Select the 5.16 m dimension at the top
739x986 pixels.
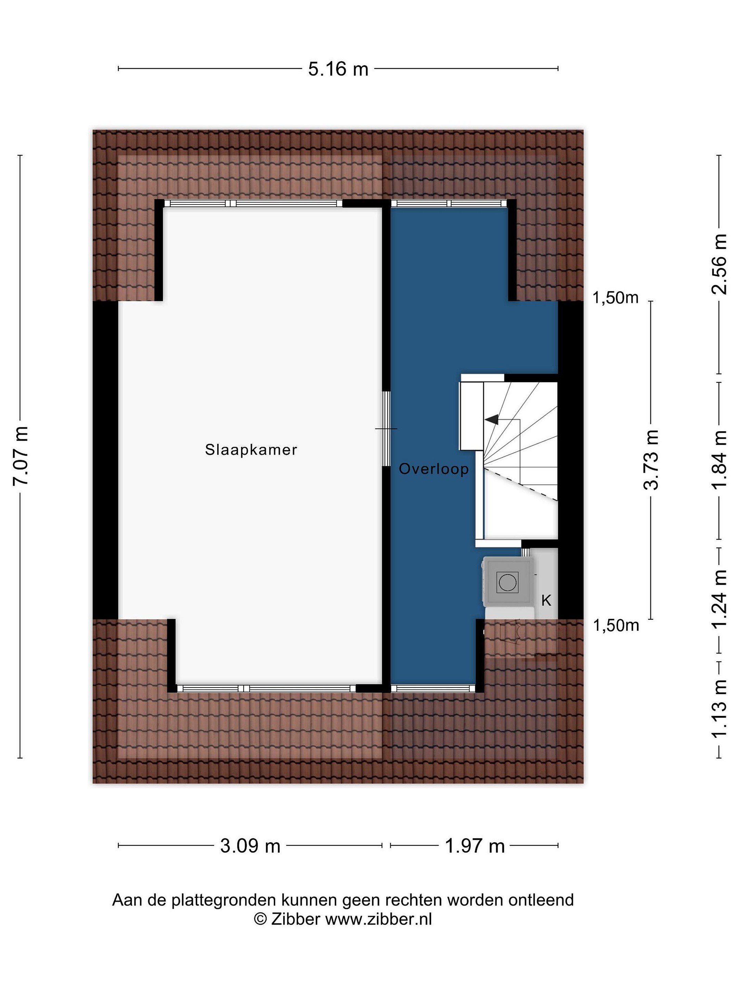(x=338, y=69)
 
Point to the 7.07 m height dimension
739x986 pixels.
(x=21, y=456)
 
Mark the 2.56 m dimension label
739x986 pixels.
(x=719, y=264)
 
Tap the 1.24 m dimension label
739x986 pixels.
(x=719, y=599)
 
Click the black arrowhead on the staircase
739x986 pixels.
(x=491, y=419)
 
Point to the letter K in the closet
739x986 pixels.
(x=546, y=601)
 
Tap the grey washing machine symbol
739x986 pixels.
(x=508, y=582)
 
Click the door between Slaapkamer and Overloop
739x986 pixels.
(x=387, y=429)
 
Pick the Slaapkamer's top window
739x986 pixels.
(x=254, y=203)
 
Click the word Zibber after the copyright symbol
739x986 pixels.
(x=295, y=919)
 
